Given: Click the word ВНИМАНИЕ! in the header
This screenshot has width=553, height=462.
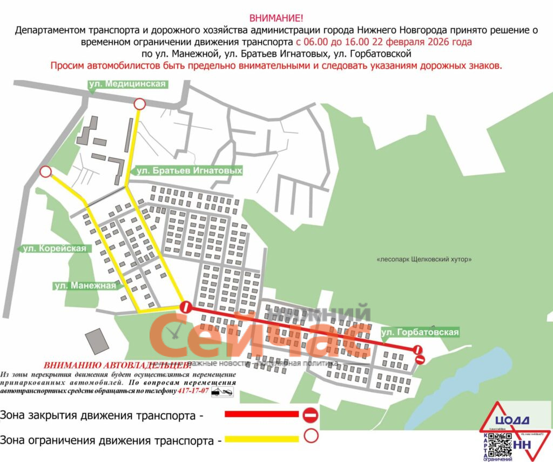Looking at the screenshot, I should (x=276, y=18).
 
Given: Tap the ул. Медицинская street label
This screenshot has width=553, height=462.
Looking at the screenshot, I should (x=127, y=84).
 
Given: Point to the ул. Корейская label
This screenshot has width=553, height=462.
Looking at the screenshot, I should (x=55, y=248).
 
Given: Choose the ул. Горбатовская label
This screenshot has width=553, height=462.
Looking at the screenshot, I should (x=420, y=332).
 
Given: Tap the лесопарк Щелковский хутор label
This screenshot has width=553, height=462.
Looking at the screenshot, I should (x=424, y=259).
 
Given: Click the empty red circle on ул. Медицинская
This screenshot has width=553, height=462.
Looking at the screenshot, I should (x=139, y=104).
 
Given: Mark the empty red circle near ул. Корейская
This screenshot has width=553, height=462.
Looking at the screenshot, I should (x=46, y=172).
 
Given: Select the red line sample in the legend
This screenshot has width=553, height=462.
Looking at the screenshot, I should (x=261, y=414).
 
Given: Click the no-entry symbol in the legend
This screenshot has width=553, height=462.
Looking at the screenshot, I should (x=311, y=415).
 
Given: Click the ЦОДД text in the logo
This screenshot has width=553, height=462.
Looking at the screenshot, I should (x=510, y=420).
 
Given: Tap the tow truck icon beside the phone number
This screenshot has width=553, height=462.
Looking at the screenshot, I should (x=222, y=391).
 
